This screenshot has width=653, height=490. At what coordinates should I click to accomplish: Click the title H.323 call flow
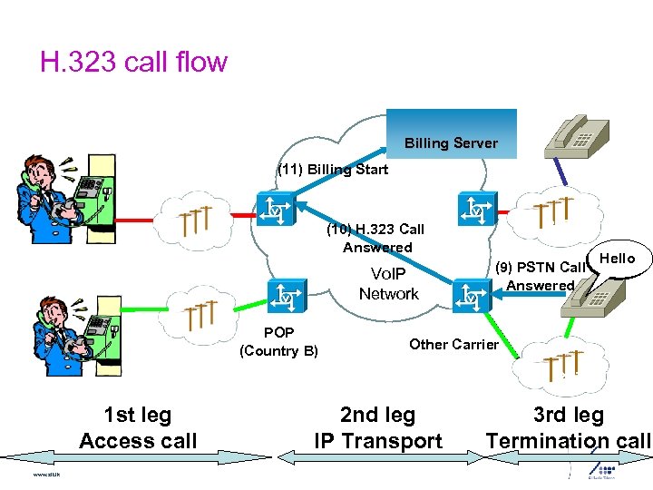tap(133, 63)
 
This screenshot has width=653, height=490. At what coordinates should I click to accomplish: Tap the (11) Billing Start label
tap(333, 170)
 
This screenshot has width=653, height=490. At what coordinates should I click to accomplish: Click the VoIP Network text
tap(388, 284)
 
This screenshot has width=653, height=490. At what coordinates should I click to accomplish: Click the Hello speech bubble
tap(619, 260)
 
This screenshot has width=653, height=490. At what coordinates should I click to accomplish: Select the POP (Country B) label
tap(278, 342)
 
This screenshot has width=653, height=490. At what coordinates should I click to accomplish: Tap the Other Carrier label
tap(453, 344)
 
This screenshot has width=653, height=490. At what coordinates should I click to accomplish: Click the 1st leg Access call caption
tap(138, 428)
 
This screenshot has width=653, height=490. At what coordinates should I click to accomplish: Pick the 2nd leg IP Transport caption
tap(377, 428)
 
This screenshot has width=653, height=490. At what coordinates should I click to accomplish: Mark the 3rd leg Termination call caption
tap(568, 428)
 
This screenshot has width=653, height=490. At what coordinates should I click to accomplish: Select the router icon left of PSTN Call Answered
tap(473, 294)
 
